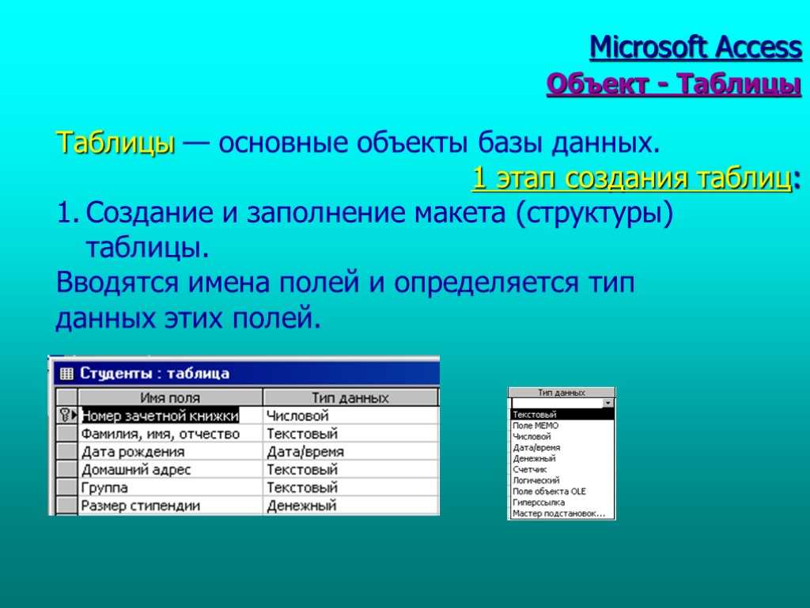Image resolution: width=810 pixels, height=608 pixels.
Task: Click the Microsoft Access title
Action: point(695,47)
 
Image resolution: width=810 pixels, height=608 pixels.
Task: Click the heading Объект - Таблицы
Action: point(674,84)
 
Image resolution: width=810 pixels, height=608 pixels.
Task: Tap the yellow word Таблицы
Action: point(115,142)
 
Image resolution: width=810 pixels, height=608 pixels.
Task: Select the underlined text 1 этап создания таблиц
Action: point(632,178)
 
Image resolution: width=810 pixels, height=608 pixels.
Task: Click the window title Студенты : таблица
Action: point(154,374)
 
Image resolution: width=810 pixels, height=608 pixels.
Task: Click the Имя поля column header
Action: point(170,397)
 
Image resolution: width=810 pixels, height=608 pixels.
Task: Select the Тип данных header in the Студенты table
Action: point(350,397)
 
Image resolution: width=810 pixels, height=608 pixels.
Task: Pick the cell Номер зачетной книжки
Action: point(160,416)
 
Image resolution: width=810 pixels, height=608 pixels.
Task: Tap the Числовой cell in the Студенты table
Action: point(297,416)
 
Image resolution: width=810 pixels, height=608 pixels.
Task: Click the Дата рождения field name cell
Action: point(133,452)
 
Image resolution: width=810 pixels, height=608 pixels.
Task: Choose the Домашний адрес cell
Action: point(136,470)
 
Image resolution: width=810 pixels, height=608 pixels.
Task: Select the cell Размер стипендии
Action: point(141,506)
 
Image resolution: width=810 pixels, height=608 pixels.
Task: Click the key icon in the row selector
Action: point(65,415)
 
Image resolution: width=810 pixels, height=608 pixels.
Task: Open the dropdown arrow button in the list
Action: point(608,403)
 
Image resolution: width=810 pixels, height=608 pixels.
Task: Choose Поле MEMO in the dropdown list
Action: point(536,426)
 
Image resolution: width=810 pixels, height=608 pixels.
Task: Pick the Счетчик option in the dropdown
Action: point(529,469)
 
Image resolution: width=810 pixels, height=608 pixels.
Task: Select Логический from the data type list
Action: point(536,481)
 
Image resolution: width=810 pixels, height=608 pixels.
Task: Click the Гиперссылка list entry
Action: point(539,503)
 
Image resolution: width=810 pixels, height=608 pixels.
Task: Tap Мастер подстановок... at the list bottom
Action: point(558,514)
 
